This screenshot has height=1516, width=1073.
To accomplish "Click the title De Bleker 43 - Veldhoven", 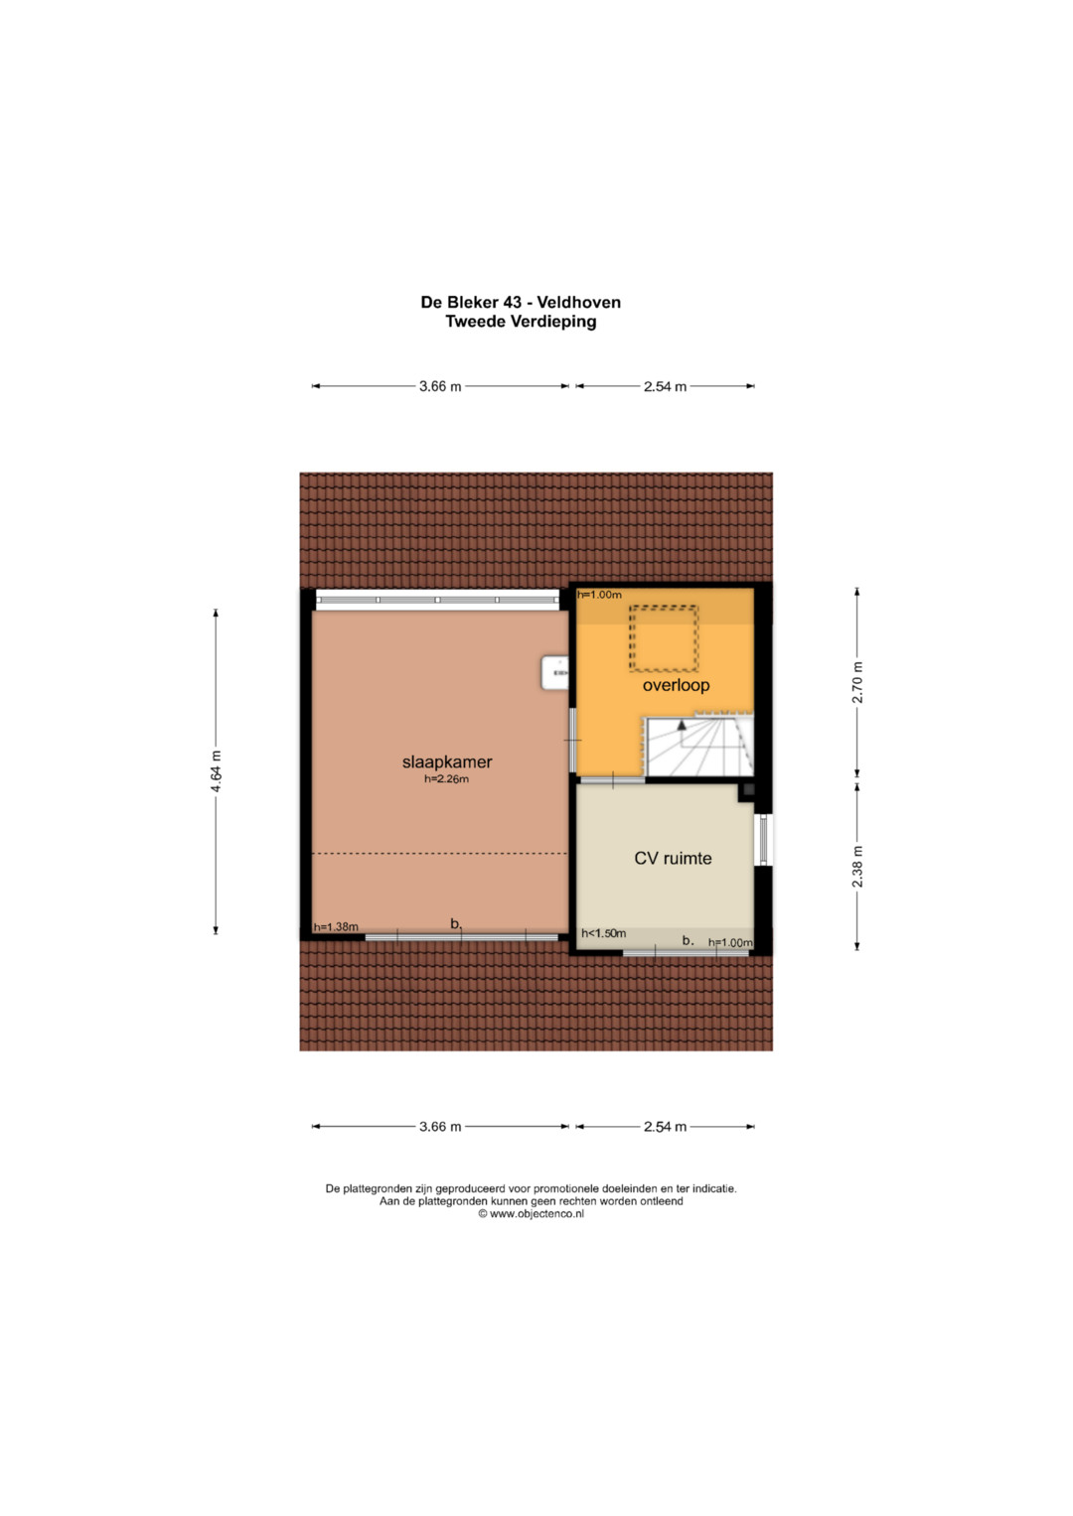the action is click(x=521, y=302).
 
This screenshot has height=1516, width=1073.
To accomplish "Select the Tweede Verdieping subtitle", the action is click(x=521, y=322).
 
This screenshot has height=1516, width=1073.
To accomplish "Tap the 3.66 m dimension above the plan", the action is click(x=440, y=386).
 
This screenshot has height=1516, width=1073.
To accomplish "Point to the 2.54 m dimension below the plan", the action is click(x=666, y=1126).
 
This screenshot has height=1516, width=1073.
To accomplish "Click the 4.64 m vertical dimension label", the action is click(x=216, y=771).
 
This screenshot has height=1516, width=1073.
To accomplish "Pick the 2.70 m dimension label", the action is click(x=856, y=681).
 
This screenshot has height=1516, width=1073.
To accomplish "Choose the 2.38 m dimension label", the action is click(x=856, y=867).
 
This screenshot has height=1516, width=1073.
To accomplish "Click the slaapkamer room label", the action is click(x=447, y=762).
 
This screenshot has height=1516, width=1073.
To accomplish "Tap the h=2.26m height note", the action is click(x=446, y=779).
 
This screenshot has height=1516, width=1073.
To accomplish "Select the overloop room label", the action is click(x=676, y=685).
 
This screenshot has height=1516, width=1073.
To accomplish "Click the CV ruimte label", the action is click(x=673, y=858).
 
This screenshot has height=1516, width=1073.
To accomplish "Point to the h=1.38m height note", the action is click(x=336, y=927).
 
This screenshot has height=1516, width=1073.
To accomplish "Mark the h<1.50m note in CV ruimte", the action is click(x=604, y=933).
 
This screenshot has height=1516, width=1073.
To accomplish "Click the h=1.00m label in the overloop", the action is click(x=599, y=595).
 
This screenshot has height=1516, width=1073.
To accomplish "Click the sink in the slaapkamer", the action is click(x=554, y=673).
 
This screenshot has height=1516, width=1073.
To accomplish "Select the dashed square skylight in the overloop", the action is click(x=664, y=639).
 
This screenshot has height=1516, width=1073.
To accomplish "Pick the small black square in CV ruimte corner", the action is click(x=748, y=789).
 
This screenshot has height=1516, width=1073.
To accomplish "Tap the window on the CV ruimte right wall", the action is click(x=763, y=839).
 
